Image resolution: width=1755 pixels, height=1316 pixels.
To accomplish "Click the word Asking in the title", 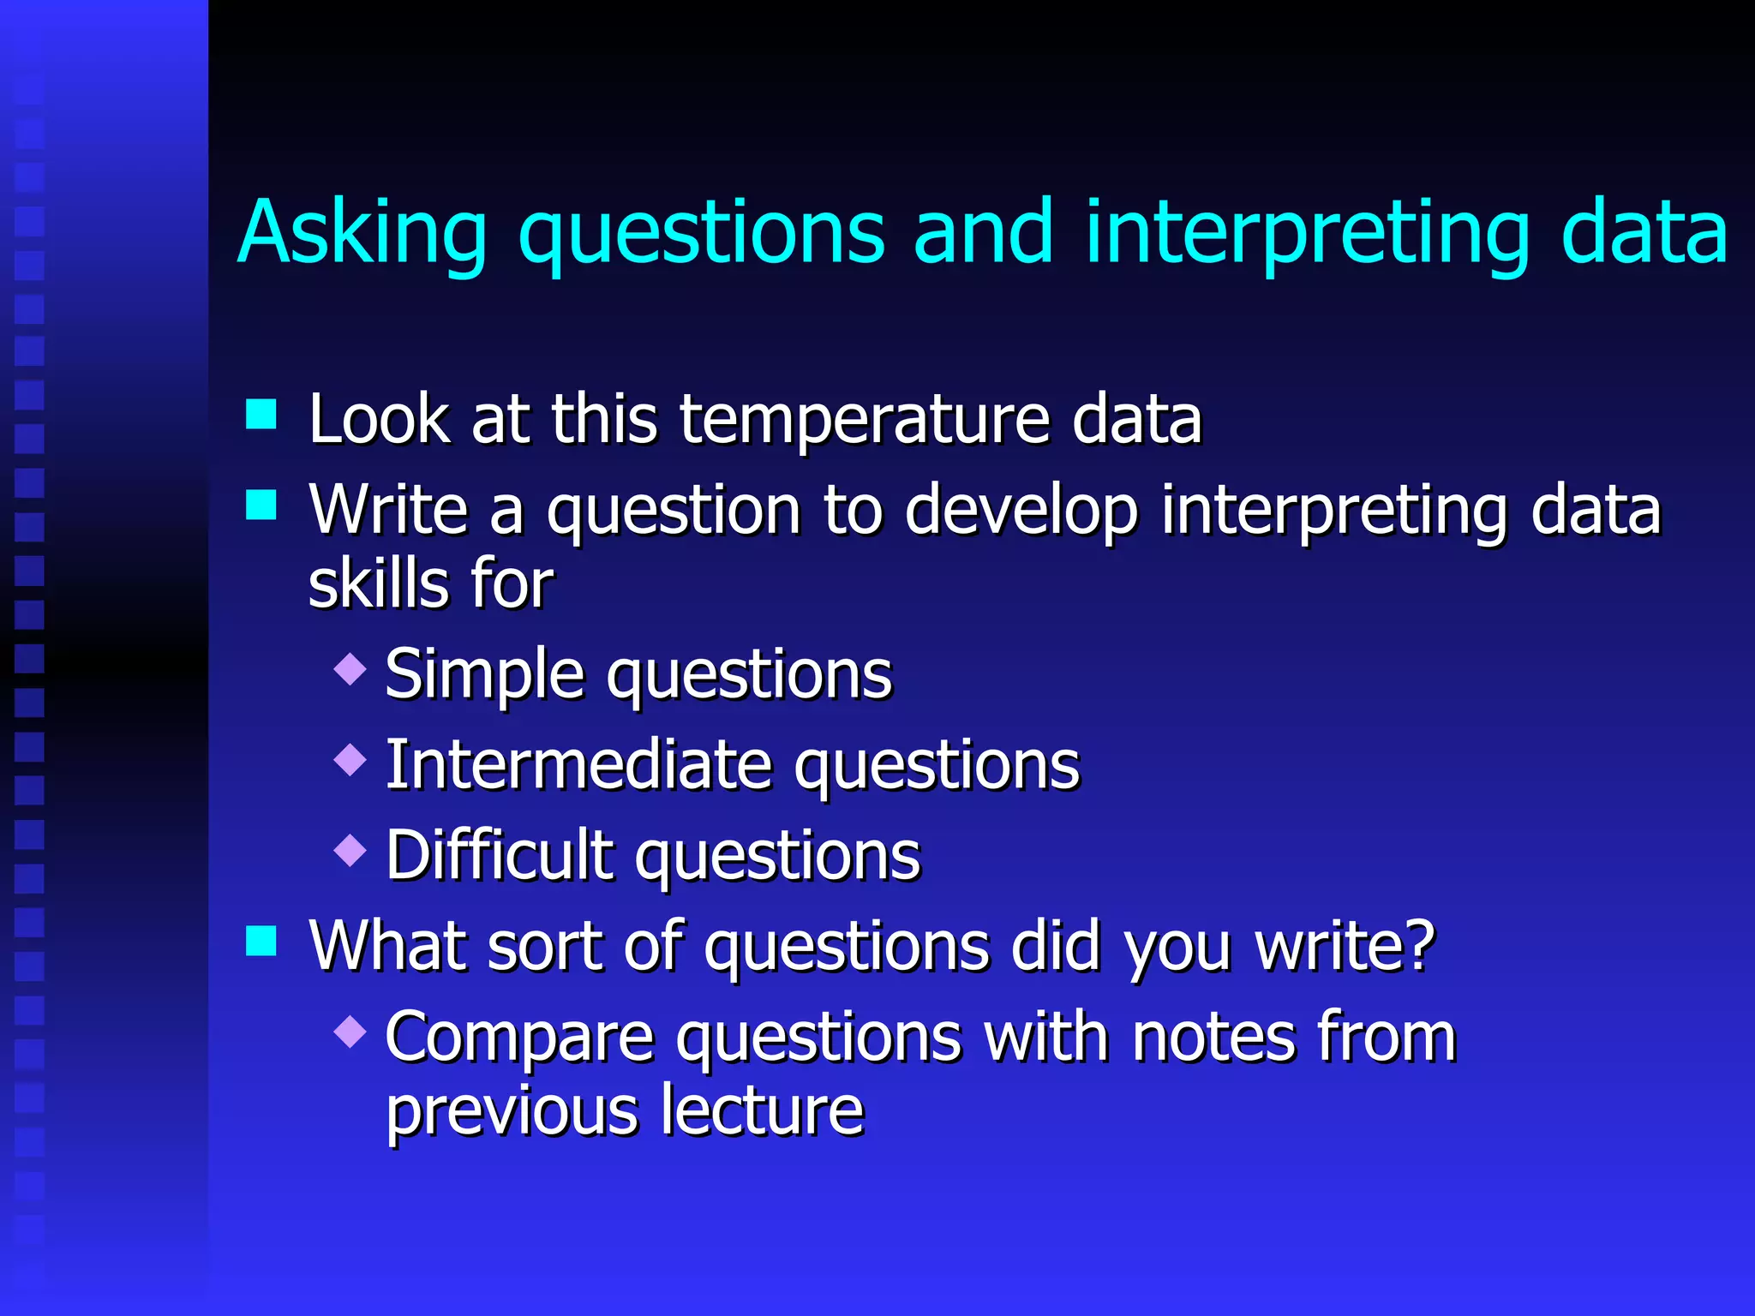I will point(362,233).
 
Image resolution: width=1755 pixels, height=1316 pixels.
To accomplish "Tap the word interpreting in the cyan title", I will point(1307,233).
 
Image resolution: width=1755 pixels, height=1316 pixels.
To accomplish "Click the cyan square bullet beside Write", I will point(261,505).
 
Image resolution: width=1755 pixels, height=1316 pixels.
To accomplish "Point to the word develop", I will point(1021,511).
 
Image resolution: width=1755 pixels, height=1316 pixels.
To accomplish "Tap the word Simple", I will point(484,675).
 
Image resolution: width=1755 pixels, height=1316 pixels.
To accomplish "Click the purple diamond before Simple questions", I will point(350,668).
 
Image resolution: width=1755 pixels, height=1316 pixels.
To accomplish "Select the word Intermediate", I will point(579,765).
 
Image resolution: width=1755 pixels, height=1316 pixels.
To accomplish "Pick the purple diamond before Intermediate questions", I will point(350,759).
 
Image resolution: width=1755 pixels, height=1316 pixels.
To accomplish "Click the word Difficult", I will point(499,855).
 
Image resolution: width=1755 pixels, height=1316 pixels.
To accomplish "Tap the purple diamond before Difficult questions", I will point(350,850).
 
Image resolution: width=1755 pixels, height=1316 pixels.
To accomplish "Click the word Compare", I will point(519,1038).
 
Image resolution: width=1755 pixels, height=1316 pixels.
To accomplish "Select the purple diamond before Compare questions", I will point(350,1032).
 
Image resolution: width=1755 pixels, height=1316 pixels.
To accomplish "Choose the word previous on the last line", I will point(512,1111).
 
